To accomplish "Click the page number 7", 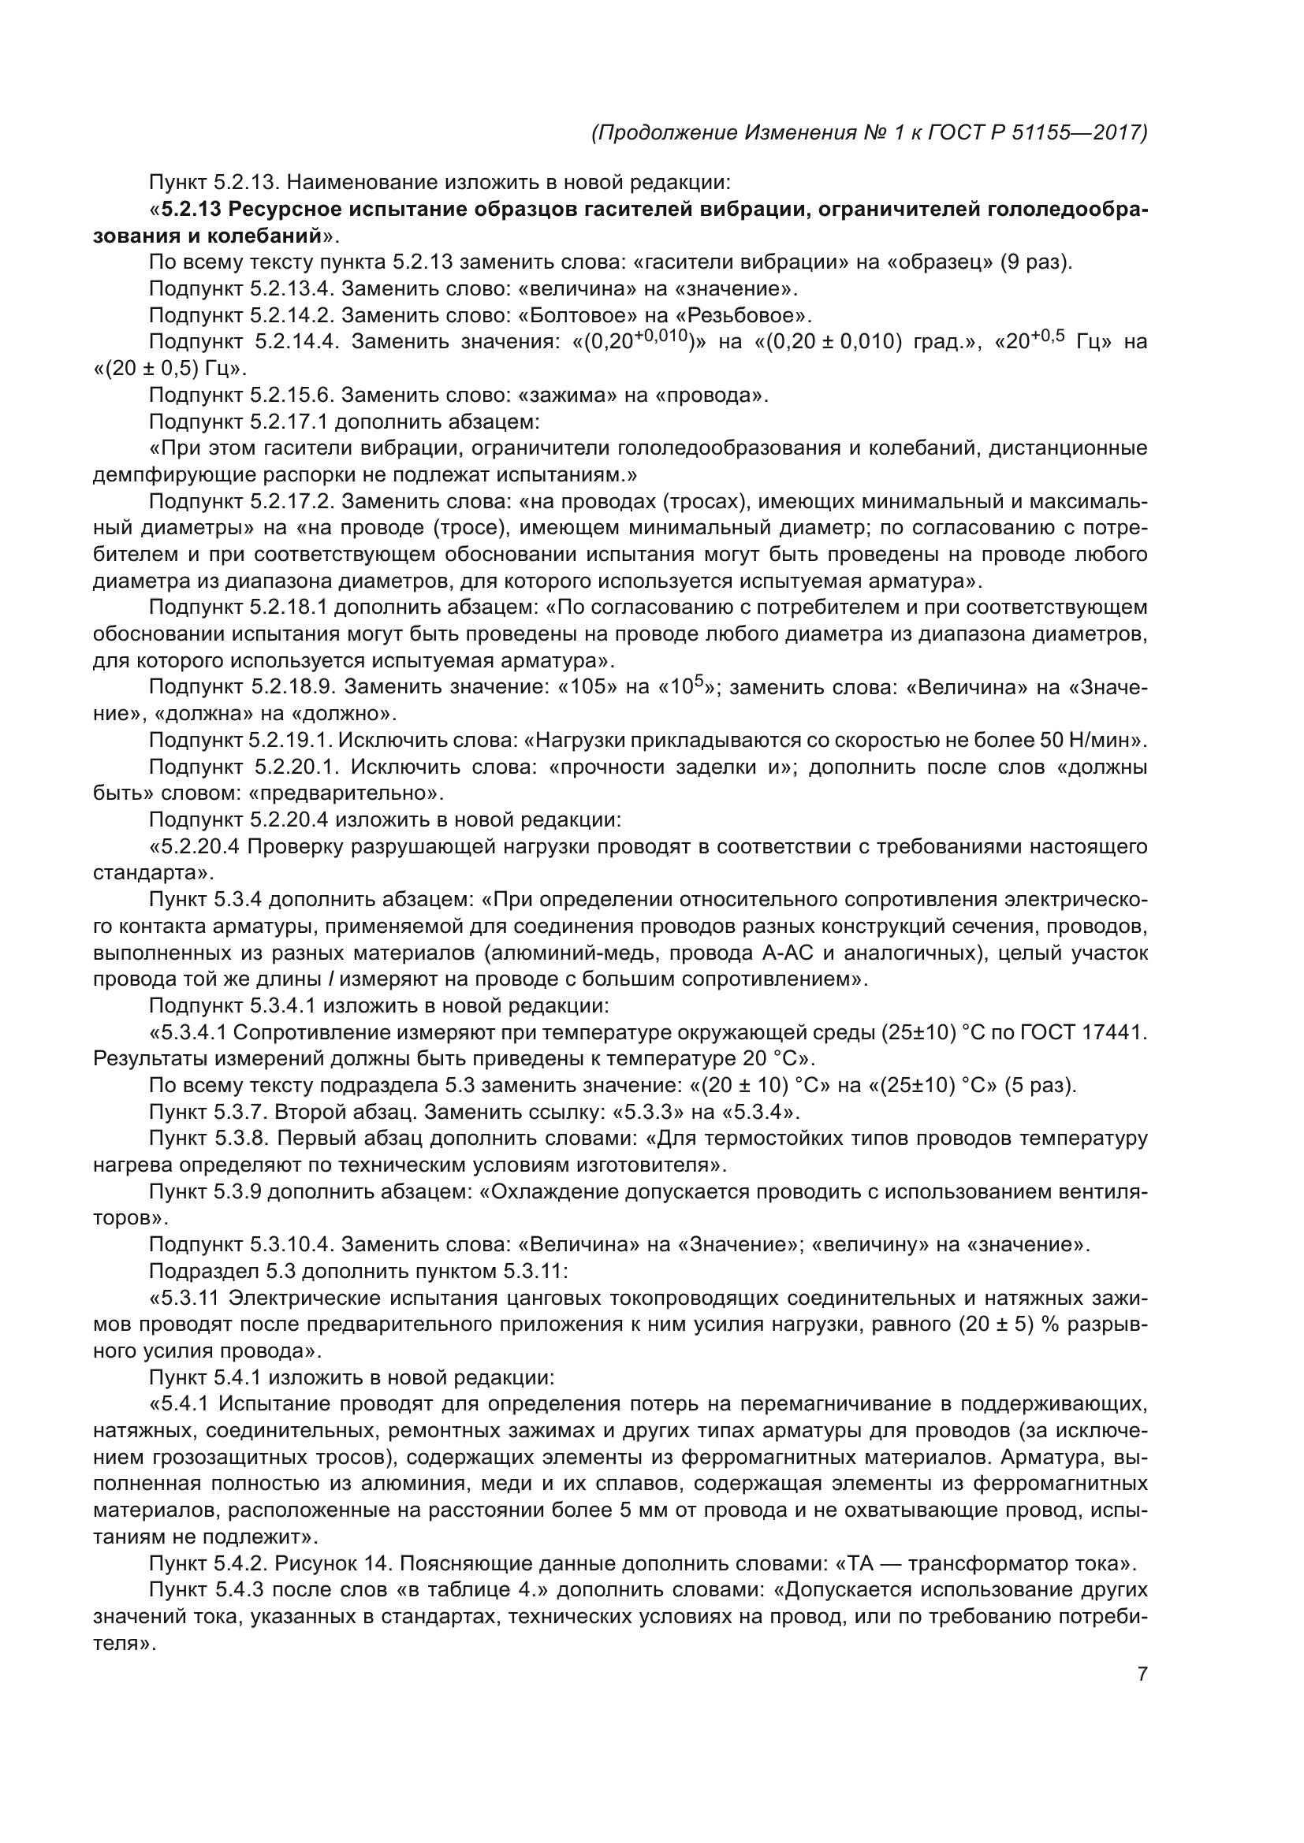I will [x=1142, y=1674].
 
